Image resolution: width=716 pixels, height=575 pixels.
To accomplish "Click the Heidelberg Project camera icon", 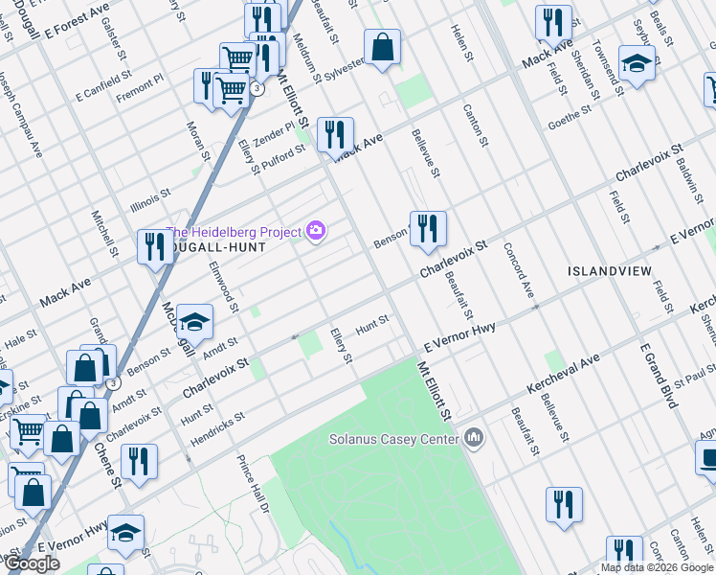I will coord(316,231).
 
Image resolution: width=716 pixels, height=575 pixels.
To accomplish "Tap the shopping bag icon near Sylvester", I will coord(382,47).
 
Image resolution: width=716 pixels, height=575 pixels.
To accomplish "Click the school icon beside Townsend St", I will coord(635,64).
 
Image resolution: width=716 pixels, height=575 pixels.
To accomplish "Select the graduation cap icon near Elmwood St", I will coord(194,323).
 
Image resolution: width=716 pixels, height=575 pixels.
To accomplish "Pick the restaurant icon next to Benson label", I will coord(427,229).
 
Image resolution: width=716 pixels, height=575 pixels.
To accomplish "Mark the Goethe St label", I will coord(571,125).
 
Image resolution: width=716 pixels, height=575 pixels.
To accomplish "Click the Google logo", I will coord(31,563).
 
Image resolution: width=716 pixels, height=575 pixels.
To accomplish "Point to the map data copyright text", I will coord(658,566).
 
